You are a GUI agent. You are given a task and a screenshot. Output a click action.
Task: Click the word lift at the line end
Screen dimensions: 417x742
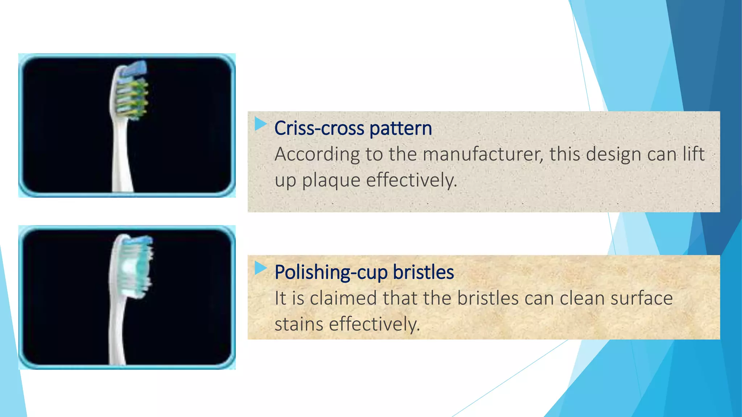pos(693,155)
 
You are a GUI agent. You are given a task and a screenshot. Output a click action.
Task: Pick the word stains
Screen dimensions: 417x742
pos(299,324)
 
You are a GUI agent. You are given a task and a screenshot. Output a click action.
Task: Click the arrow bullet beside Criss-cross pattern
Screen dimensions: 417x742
pos(260,124)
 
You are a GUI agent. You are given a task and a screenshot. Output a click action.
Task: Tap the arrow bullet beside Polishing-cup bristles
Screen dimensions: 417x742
pos(260,268)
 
